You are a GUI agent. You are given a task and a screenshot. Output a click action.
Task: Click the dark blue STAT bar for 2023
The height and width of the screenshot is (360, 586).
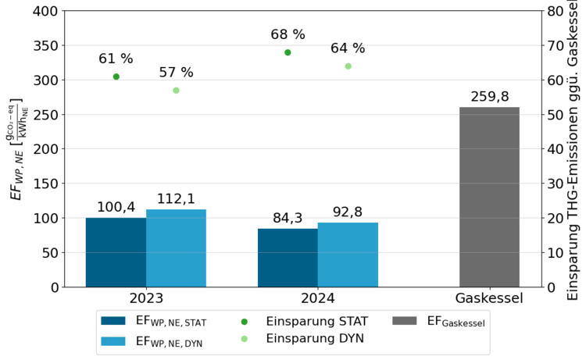pos(116,252)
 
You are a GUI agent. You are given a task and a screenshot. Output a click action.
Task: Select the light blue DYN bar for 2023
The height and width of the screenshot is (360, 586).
pos(176,248)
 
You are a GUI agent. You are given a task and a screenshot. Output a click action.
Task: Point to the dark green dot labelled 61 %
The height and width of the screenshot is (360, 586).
pos(116,77)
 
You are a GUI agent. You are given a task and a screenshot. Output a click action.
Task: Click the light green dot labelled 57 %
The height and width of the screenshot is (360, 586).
pos(176,91)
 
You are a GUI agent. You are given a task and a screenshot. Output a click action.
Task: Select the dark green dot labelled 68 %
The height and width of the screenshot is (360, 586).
pos(288,52)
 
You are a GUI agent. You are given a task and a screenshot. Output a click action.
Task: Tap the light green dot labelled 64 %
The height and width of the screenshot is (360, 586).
pos(348,66)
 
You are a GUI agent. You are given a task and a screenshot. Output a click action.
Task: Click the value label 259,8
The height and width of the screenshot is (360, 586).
pos(489,97)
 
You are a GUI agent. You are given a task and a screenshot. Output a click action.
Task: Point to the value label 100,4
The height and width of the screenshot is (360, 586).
pos(116,207)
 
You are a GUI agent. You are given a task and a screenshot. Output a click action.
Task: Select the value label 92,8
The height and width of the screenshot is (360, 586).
pos(348,212)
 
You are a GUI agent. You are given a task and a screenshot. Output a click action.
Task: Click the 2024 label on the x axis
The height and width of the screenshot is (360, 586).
pos(317,298)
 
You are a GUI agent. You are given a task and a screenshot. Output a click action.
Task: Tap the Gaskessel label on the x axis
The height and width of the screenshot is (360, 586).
pos(489,298)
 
